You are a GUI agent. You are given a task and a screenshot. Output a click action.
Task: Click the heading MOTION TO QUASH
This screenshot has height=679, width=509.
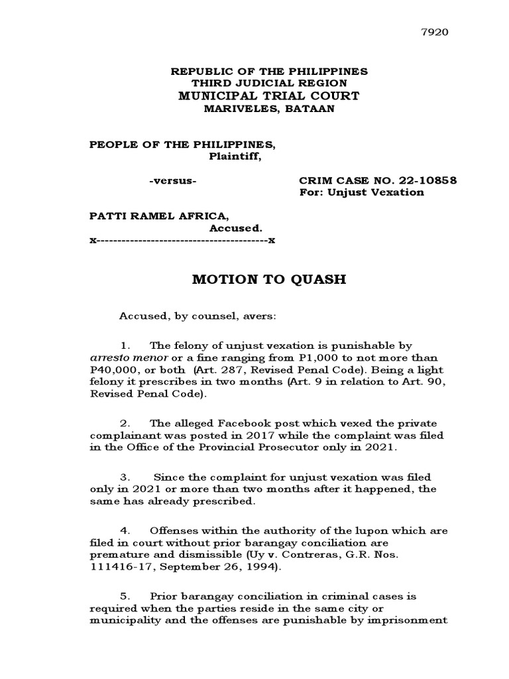tap(269, 279)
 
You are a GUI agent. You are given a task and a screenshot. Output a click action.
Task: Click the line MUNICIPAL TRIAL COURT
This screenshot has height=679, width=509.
tap(268, 96)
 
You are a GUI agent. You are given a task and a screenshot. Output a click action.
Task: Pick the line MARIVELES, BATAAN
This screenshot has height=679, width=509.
tap(268, 109)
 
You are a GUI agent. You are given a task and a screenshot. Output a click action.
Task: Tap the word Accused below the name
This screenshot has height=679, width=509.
tap(231, 228)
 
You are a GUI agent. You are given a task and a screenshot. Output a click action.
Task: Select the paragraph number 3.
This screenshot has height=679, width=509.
tap(123, 477)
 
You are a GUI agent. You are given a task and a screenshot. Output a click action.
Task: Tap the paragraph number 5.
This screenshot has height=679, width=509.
tap(123, 597)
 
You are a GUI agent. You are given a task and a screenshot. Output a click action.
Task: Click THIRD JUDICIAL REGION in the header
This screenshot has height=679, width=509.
tap(268, 83)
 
